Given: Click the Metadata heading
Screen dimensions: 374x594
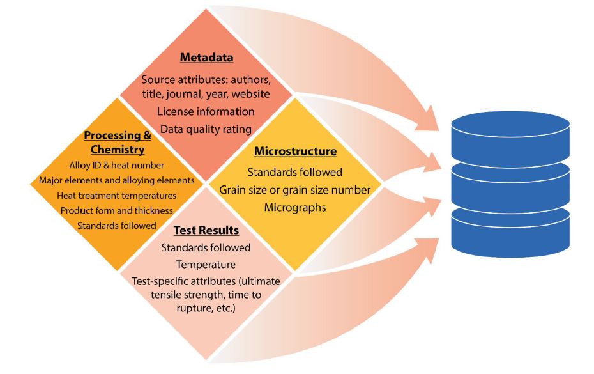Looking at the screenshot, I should pos(206,58).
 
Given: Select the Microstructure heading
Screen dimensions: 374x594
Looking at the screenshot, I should pos(295,152).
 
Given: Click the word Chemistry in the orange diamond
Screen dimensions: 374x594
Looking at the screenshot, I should pos(114,150).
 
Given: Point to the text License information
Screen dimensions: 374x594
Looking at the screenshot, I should pos(206,111).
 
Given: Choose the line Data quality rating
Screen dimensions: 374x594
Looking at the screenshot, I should pos(206,129).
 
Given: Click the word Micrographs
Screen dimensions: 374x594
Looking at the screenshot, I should pos(295,208).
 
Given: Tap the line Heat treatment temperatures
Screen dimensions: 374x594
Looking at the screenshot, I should pos(115,196).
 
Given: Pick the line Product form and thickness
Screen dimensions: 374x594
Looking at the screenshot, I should pos(116,210).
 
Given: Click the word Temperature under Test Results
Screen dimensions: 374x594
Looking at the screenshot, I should pos(206,263).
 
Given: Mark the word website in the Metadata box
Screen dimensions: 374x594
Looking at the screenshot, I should pos(248,95).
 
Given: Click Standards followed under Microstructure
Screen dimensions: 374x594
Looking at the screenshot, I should pos(295,172).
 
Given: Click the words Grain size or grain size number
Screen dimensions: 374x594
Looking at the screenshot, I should pos(295,190).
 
